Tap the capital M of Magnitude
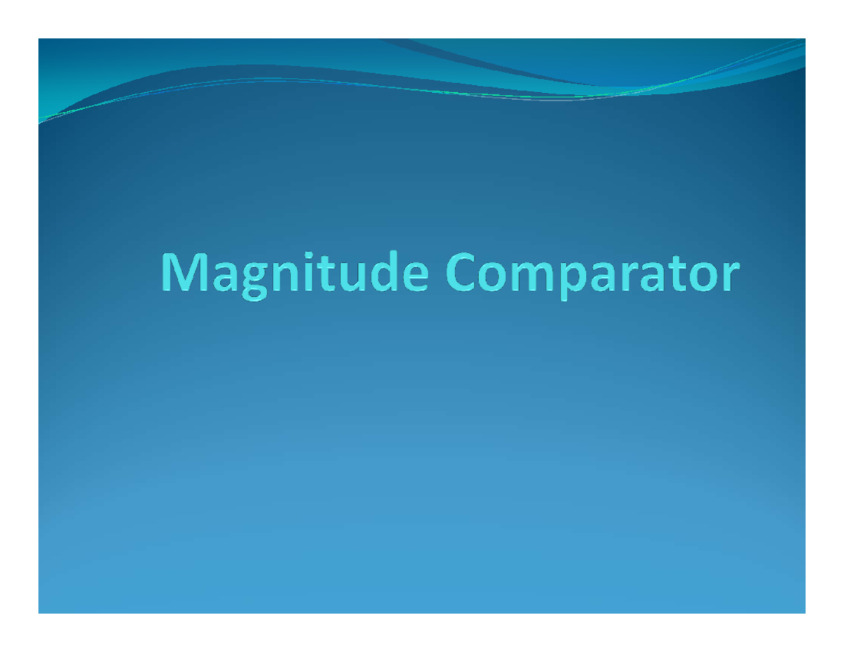(x=181, y=275)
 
